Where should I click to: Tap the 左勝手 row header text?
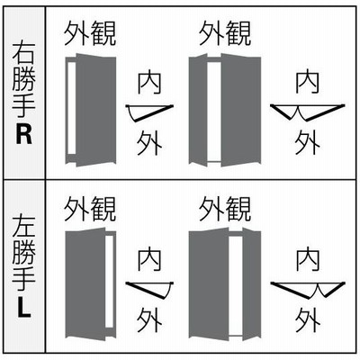click(23, 255)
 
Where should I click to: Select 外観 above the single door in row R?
click(90, 33)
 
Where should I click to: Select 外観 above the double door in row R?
click(225, 33)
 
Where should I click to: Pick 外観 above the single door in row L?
click(90, 209)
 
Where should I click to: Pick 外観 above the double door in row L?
click(225, 209)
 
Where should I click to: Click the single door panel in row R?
click(96, 110)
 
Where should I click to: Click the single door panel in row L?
click(85, 284)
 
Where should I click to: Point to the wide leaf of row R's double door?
click(241, 110)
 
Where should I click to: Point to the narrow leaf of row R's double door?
click(198, 110)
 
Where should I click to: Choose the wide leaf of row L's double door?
click(209, 284)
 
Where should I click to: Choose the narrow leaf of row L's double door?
click(252, 284)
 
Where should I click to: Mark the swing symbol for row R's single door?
click(149, 112)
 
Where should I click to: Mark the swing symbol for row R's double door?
click(308, 112)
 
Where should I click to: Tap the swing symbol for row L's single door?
click(149, 291)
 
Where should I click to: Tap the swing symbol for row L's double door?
click(308, 291)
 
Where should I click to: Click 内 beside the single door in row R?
click(149, 82)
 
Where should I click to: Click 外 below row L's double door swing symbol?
click(307, 319)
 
